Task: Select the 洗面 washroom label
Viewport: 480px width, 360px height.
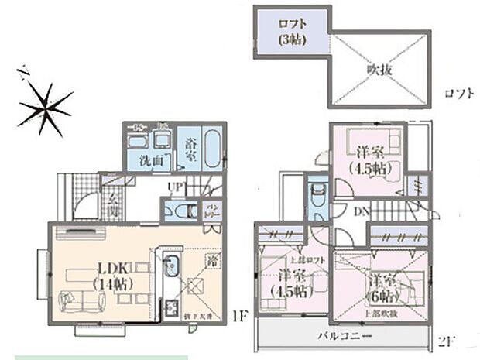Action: (152, 160)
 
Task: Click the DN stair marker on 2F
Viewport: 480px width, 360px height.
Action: (362, 211)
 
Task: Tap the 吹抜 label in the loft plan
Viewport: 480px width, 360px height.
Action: (379, 69)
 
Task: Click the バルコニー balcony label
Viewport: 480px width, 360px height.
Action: (344, 336)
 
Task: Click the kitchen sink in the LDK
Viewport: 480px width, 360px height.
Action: (173, 267)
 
